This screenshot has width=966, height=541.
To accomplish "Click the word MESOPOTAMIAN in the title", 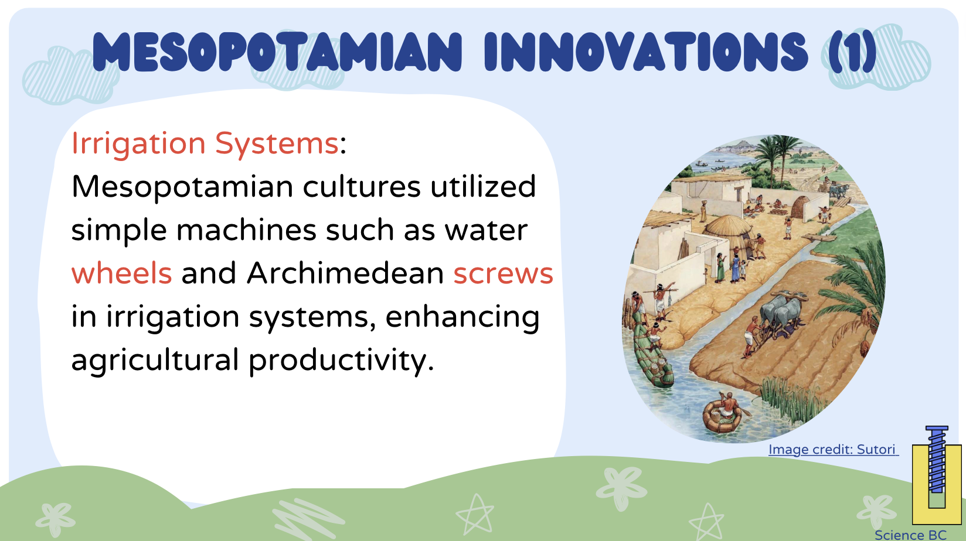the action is [277, 52].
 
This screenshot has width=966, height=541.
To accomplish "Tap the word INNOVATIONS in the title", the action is [646, 52].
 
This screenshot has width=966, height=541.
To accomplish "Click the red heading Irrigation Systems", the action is [205, 143].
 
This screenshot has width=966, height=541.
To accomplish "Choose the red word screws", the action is [504, 275].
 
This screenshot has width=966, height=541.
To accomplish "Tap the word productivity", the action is [341, 361].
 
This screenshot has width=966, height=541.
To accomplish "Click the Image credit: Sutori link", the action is [833, 449].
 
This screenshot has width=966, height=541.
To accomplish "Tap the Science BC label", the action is [910, 535].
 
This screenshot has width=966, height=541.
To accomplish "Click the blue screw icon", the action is [937, 459].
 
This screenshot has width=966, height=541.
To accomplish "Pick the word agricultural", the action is [155, 361].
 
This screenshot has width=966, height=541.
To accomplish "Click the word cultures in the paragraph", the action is [362, 187].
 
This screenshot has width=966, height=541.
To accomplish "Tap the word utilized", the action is [483, 187].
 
